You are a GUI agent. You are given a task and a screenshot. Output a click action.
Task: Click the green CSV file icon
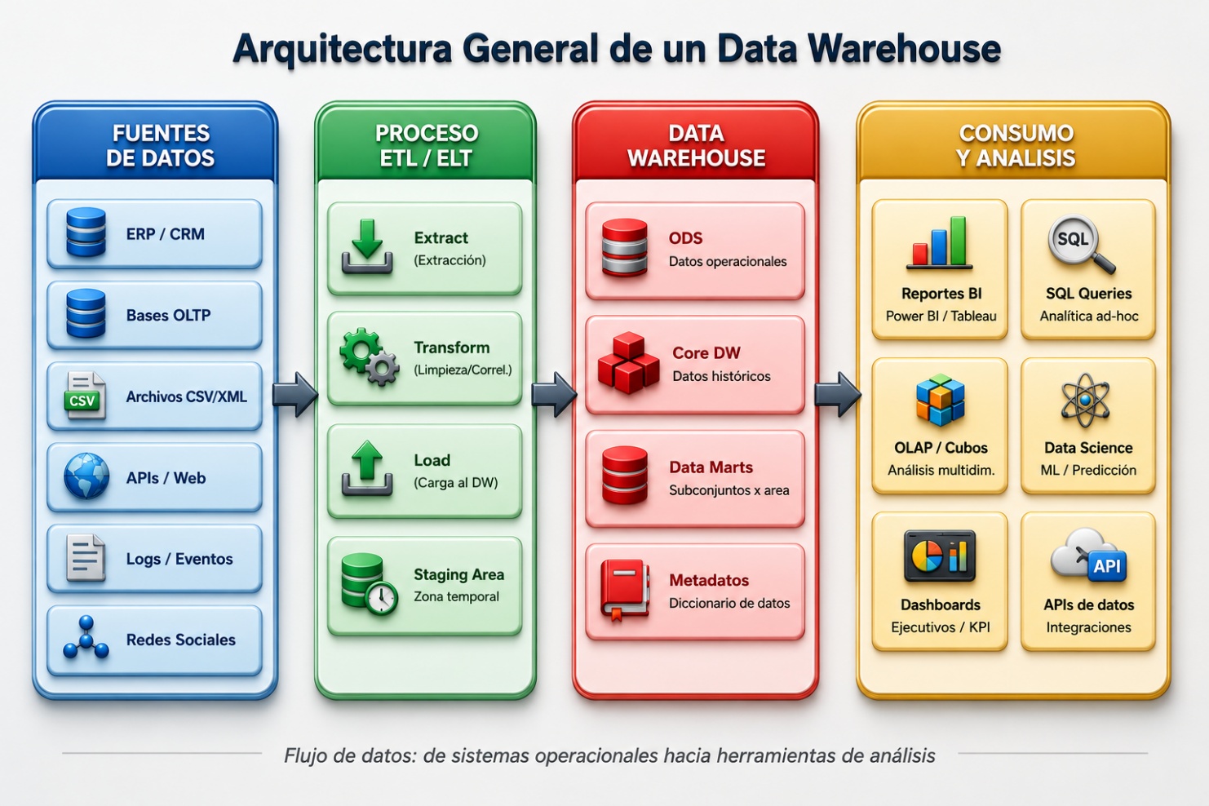coord(86,396)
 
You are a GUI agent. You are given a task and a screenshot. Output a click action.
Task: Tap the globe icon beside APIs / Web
coord(86,476)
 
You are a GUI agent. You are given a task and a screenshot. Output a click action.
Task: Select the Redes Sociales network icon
coord(86,637)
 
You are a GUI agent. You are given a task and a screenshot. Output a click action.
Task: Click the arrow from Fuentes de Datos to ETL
coord(294,395)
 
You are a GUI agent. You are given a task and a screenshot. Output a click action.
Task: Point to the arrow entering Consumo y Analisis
coord(838,395)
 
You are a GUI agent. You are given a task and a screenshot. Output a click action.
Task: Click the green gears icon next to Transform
coord(370,356)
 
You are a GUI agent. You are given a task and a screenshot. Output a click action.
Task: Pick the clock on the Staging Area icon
coord(382,598)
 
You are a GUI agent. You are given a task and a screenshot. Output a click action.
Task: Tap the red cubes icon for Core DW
coord(628,363)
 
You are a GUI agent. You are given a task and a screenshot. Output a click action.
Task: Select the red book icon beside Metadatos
coord(625,590)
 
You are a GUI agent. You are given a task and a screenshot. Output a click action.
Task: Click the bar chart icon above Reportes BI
coord(940,243)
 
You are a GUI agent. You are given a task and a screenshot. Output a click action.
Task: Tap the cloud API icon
coord(1088,556)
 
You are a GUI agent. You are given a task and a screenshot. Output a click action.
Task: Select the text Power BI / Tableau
coord(941,316)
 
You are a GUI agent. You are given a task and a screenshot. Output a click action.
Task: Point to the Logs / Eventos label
coord(179,559)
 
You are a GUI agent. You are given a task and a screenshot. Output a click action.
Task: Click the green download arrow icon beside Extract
coord(367,246)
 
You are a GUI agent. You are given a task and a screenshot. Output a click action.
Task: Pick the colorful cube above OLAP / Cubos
coord(941,400)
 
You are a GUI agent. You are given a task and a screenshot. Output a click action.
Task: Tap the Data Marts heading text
coord(711,467)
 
